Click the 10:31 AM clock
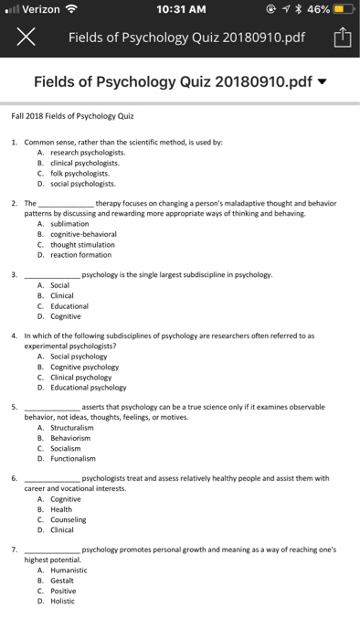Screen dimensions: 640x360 pos(180,10)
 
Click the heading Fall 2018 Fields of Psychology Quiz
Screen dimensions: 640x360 pos(73,117)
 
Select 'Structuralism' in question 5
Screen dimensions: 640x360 pos(73,428)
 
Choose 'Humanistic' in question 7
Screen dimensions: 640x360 pos(69,570)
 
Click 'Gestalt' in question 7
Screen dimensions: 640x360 pos(63,581)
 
